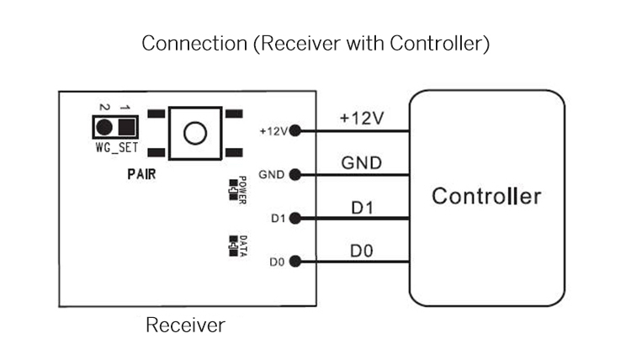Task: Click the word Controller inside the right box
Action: coord(486,197)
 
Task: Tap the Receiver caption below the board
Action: coord(185,325)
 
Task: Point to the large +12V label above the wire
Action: coord(362,118)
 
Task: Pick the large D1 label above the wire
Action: coord(363,206)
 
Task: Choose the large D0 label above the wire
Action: coord(363,250)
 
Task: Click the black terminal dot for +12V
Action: coord(294,131)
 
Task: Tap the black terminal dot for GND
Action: coord(294,175)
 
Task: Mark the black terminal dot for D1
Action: coord(294,219)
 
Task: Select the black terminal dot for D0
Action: coord(294,262)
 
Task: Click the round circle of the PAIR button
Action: coord(195,133)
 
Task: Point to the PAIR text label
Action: coord(142,175)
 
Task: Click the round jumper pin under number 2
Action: coord(104,128)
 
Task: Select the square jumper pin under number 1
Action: coord(126,128)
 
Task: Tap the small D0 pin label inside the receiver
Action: coord(278,262)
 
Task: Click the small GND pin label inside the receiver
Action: coord(272,175)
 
